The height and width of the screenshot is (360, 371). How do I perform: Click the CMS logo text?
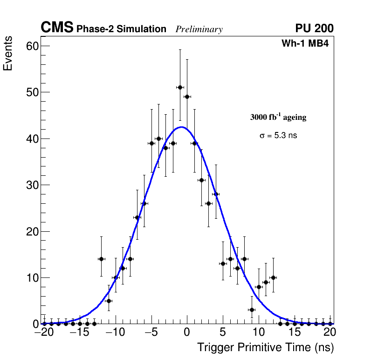(x=57, y=28)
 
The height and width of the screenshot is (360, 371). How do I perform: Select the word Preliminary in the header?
(x=199, y=29)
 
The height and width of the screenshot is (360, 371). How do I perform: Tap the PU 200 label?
(x=314, y=28)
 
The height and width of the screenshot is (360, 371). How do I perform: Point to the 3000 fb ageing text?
(x=278, y=117)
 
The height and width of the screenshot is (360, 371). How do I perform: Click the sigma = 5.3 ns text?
(x=278, y=136)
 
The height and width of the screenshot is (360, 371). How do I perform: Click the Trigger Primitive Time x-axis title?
(x=265, y=347)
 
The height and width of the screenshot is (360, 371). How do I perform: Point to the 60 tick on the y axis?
(x=32, y=46)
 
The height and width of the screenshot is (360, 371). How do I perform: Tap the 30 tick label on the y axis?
(x=32, y=185)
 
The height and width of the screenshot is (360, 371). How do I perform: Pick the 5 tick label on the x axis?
(x=223, y=332)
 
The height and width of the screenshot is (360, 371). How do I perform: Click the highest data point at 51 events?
(x=180, y=87)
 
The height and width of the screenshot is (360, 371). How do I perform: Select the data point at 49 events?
(x=187, y=97)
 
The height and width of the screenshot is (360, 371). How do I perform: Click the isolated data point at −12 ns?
(x=101, y=259)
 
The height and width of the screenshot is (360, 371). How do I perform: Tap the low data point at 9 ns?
(x=252, y=310)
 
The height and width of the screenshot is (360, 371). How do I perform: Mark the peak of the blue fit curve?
(x=182, y=127)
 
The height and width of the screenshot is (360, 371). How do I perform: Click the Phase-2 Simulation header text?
(x=121, y=29)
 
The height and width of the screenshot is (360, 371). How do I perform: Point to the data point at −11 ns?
(x=109, y=301)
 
